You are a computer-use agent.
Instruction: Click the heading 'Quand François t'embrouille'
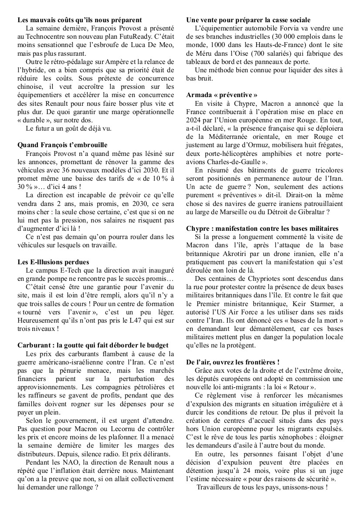click(x=62, y=145)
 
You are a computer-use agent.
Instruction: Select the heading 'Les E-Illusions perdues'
click(x=53, y=262)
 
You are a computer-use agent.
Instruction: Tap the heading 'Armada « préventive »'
click(x=221, y=94)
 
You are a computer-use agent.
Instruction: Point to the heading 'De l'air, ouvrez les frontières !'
click(x=233, y=362)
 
